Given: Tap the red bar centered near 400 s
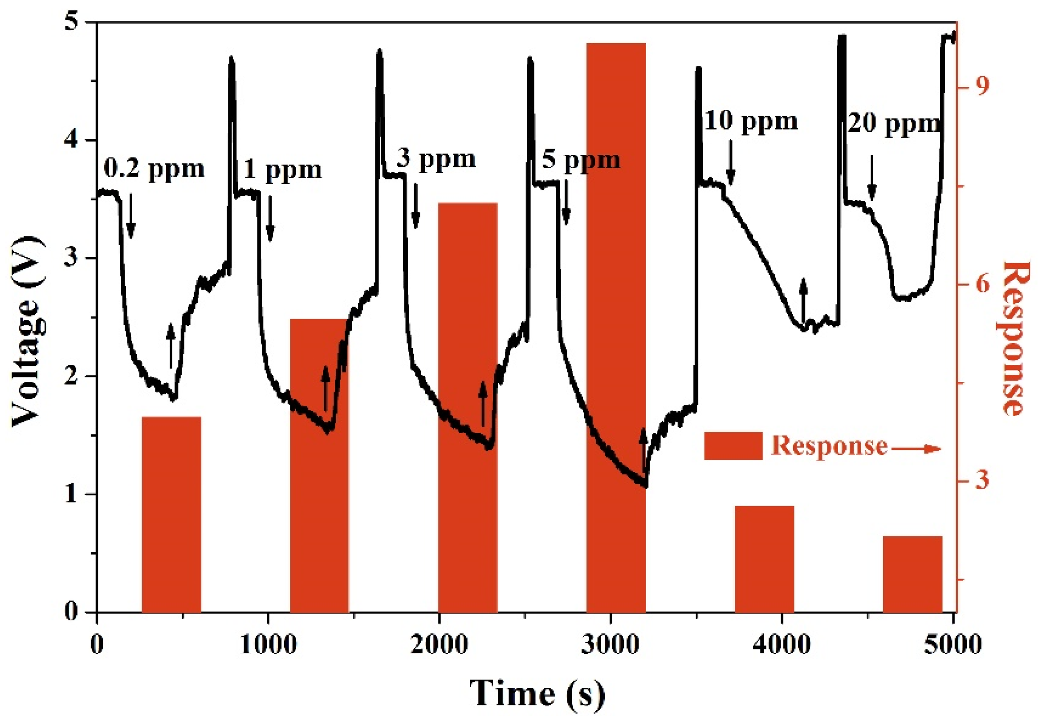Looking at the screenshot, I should [x=171, y=514].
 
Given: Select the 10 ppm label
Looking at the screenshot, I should [x=750, y=122].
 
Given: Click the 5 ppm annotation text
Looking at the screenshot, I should [x=581, y=160].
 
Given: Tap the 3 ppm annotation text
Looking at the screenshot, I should [x=436, y=159].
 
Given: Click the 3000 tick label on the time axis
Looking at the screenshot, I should [x=610, y=644].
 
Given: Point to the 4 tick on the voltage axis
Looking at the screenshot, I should [x=72, y=140].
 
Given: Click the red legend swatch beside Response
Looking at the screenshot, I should [x=733, y=446].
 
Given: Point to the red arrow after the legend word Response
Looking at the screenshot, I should [x=915, y=449].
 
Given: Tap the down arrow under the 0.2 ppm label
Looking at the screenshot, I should [x=131, y=216].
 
